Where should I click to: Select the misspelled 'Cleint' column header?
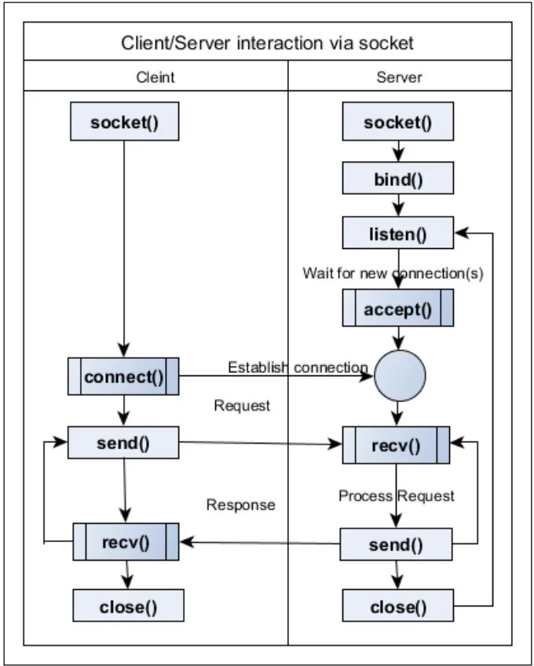[155, 78]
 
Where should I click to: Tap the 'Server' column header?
[399, 78]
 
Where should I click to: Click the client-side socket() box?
[124, 123]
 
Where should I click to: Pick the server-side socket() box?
[398, 123]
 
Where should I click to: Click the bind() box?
[398, 180]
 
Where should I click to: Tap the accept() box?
[398, 309]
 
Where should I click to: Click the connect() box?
[124, 376]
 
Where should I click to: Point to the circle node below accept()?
[399, 376]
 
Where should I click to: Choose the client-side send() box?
[124, 442]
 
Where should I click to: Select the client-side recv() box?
[126, 542]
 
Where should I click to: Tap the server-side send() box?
[396, 544]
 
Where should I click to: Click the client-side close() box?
[128, 606]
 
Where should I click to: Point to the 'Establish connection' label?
[298, 367]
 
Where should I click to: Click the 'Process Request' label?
[397, 496]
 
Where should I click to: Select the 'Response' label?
[240, 504]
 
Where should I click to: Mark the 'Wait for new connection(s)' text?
[393, 274]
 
